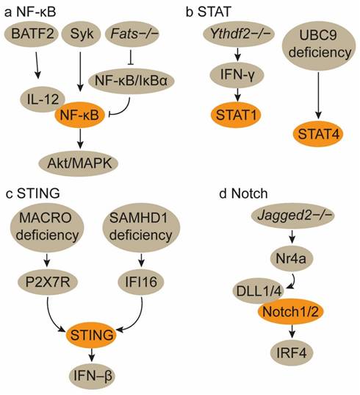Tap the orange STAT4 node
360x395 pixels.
tap(317, 135)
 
